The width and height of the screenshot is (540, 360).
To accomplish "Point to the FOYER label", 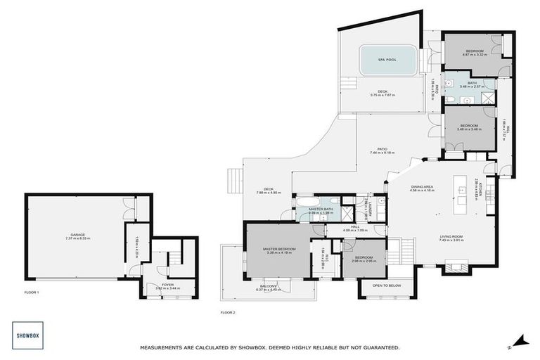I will pyautogui.click(x=168, y=285).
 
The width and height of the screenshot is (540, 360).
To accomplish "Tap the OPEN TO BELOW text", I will pyautogui.click(x=387, y=286).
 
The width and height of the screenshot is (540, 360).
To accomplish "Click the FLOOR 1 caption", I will pyautogui.click(x=32, y=291).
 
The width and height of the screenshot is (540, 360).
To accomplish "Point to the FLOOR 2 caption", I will pyautogui.click(x=228, y=312).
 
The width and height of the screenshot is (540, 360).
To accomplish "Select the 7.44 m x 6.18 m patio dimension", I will pyautogui.click(x=381, y=153).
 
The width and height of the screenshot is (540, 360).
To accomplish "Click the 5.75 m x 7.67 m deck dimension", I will pyautogui.click(x=382, y=96).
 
